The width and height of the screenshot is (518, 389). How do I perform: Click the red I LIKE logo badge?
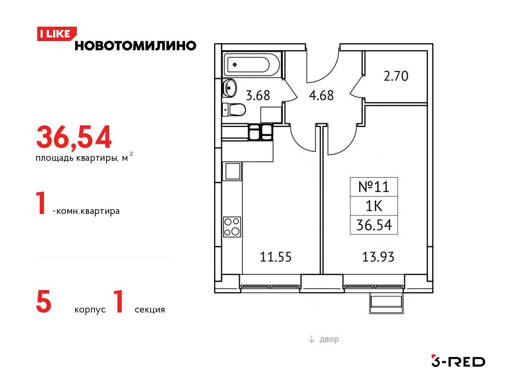click(x=57, y=34)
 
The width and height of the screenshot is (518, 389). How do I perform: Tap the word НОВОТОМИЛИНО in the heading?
click(x=136, y=46)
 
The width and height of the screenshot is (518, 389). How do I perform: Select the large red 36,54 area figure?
click(x=74, y=137)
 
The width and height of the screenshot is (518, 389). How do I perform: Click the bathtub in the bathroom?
click(x=252, y=64)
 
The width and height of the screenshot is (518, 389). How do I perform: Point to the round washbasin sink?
click(x=229, y=88)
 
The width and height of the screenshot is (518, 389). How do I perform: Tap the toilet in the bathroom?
click(x=234, y=110)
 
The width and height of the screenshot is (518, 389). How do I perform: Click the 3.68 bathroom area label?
click(x=258, y=96)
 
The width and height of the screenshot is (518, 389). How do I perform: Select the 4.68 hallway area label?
click(x=321, y=96)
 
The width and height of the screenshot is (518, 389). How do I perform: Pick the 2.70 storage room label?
click(x=396, y=77)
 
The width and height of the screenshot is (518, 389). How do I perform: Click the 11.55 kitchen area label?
click(x=276, y=257)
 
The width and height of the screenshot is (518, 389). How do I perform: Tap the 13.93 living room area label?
click(x=378, y=257)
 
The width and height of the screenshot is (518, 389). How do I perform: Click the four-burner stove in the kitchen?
click(x=232, y=227)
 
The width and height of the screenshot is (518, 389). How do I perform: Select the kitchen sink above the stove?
click(x=232, y=171)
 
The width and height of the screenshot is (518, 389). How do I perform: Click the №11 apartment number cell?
click(x=374, y=187)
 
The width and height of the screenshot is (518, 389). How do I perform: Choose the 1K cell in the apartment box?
click(x=374, y=206)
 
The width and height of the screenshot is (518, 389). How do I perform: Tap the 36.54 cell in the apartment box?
click(x=374, y=225)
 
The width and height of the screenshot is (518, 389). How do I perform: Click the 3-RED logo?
click(x=458, y=361)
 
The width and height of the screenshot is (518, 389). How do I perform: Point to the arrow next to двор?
click(x=312, y=339)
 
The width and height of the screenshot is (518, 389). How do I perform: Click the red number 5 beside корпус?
click(x=44, y=302)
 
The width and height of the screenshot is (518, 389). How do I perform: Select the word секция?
click(x=150, y=309)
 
